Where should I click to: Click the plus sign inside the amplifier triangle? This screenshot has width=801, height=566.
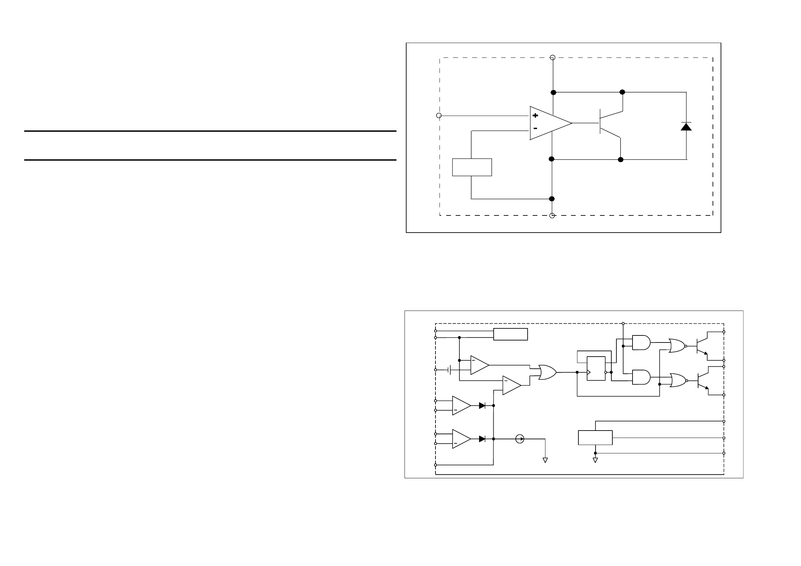pyautogui.click(x=535, y=115)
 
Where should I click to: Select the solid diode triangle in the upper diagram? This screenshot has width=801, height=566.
pyautogui.click(x=686, y=127)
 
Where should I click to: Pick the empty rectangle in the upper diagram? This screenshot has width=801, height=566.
pyautogui.click(x=472, y=167)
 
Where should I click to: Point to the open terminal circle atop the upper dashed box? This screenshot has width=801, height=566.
pyautogui.click(x=552, y=57)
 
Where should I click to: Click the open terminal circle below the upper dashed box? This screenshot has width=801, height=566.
pyautogui.click(x=552, y=215)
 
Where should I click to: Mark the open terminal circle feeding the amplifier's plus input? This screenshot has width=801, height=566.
pyautogui.click(x=439, y=115)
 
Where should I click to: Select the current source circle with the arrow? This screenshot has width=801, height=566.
pyautogui.click(x=520, y=439)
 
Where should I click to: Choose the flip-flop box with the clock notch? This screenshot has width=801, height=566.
pyautogui.click(x=596, y=368)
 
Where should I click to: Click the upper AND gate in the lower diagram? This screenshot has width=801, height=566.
pyautogui.click(x=641, y=343)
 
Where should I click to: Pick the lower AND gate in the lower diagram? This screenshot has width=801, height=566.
pyautogui.click(x=641, y=377)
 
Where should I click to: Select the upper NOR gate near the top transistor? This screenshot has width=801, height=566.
pyautogui.click(x=677, y=346)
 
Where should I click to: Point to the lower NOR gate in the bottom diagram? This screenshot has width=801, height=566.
pyautogui.click(x=678, y=380)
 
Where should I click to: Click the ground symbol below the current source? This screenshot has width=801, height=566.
pyautogui.click(x=545, y=460)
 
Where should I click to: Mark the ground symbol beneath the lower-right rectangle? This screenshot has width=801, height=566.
pyautogui.click(x=595, y=460)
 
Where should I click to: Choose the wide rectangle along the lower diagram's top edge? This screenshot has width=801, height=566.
pyautogui.click(x=510, y=334)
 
